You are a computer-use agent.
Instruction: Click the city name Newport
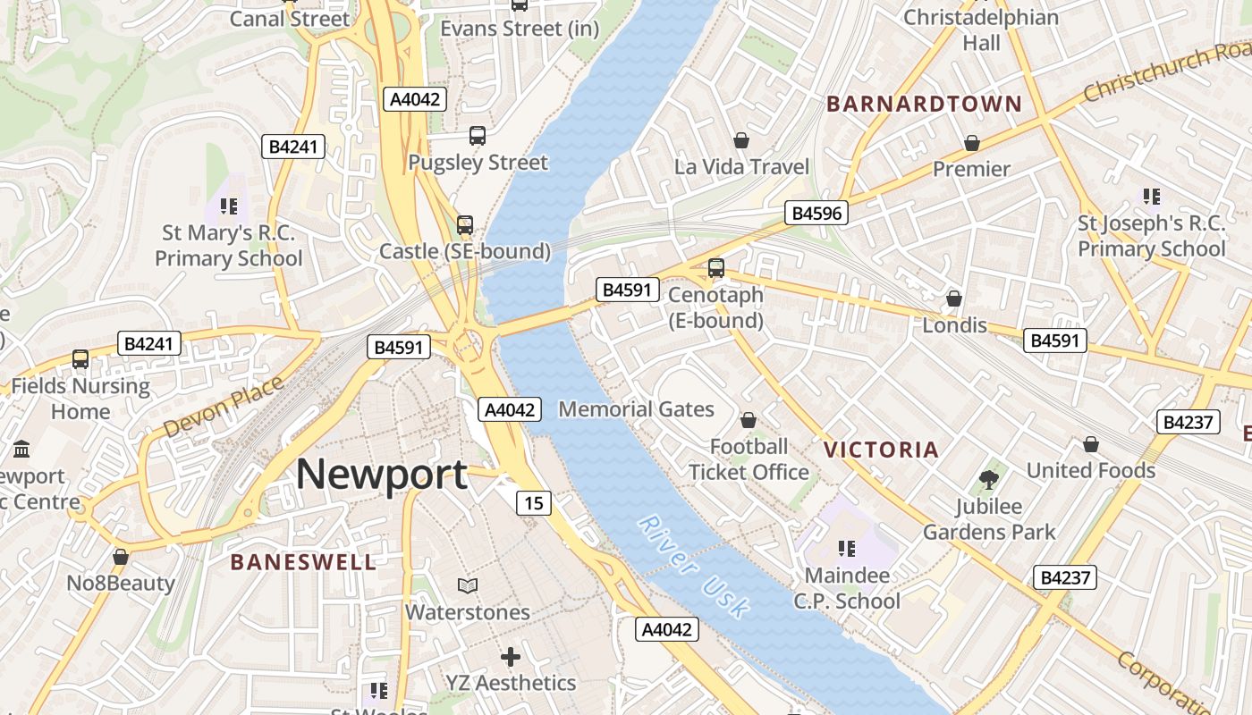click(381, 474)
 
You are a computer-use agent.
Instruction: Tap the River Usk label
click(694, 567)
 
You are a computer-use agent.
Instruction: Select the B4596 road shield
click(816, 213)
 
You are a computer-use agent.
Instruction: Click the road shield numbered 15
click(533, 503)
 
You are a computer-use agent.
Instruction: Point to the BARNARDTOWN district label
click(924, 104)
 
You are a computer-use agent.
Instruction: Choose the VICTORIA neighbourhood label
click(881, 450)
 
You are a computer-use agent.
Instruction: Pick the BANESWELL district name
click(303, 562)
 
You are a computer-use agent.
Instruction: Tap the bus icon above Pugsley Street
click(478, 136)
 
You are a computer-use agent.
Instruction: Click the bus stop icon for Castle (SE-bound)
click(464, 224)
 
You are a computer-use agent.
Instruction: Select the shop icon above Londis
click(954, 299)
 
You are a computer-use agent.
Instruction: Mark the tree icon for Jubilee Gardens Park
click(988, 480)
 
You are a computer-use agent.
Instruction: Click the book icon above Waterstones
click(467, 585)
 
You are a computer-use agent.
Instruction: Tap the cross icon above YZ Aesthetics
click(510, 657)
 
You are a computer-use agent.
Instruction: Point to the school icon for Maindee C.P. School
click(846, 548)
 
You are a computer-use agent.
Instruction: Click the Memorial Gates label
click(636, 409)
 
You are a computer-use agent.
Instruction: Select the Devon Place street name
click(224, 407)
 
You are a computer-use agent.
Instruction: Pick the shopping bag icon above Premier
click(971, 143)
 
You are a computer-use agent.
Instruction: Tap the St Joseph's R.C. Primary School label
click(1151, 236)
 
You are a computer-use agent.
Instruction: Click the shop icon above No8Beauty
click(121, 557)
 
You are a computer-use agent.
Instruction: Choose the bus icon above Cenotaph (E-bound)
click(715, 267)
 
